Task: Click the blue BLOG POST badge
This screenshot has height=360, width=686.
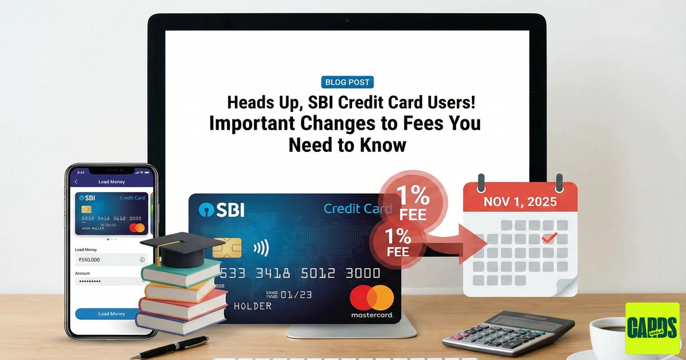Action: [x=347, y=82]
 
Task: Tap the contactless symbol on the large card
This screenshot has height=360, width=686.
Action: [x=261, y=247]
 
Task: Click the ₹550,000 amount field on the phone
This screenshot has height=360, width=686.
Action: [x=109, y=259]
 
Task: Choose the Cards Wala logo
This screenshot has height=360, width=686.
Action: [x=652, y=328]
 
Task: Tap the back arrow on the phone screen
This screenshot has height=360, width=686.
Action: [x=77, y=182]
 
